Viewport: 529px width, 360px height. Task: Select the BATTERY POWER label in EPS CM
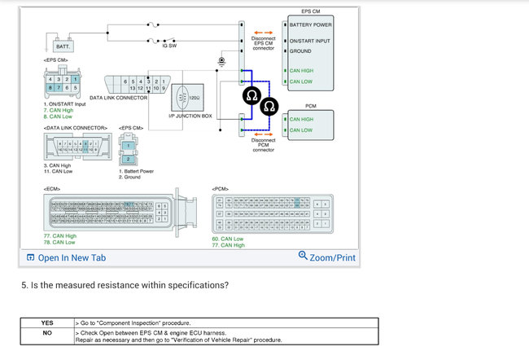coord(308,24)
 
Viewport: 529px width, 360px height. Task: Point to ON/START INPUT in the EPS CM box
coord(310,40)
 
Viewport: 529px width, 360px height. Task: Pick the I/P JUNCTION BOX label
coord(190,116)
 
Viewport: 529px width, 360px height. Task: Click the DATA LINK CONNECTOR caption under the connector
coord(118,98)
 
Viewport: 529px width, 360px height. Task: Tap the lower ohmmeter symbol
coord(270,107)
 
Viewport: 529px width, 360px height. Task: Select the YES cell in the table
coord(47,323)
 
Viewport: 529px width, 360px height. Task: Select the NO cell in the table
coord(47,331)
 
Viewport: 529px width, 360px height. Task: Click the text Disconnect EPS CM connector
coord(263,42)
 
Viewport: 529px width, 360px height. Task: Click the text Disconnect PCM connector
coord(263,145)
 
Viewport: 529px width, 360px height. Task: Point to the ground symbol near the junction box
coord(221,61)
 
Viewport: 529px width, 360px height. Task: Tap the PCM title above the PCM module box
coord(310,106)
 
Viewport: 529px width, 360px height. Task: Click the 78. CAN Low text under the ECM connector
coord(59,242)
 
